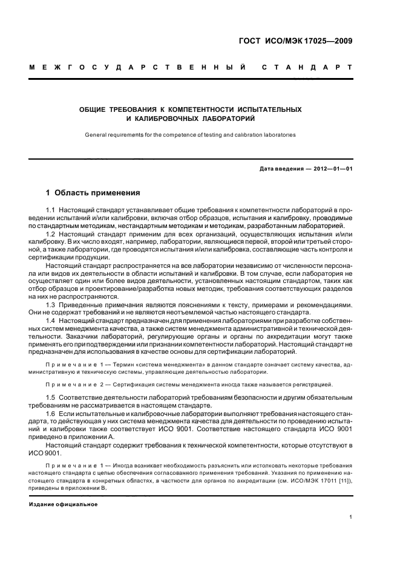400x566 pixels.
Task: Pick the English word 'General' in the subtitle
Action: (x=96, y=135)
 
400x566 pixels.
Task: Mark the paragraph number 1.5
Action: (x=51, y=396)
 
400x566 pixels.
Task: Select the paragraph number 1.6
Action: (x=51, y=411)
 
